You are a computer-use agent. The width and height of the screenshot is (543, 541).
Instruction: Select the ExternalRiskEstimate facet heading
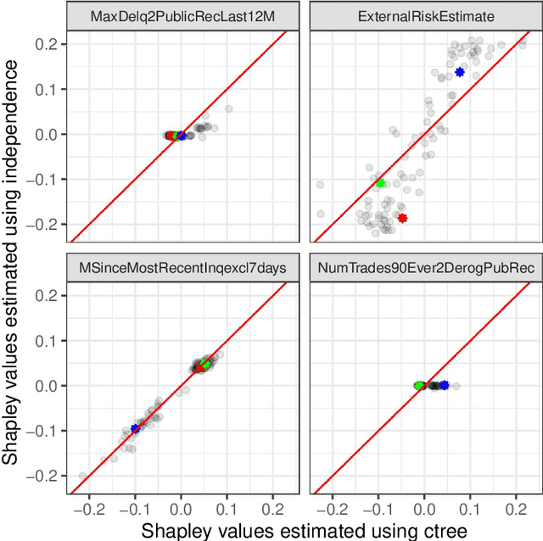pyautogui.click(x=422, y=17)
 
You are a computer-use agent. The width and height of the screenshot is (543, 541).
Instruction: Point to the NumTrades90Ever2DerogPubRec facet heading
pyautogui.click(x=422, y=268)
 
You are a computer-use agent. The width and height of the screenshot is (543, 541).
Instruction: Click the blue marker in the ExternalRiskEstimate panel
pyautogui.click(x=460, y=72)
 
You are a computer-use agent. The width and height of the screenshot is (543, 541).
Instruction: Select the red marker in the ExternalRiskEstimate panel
pyautogui.click(x=402, y=218)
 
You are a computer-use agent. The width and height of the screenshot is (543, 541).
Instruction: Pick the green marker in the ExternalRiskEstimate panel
pyautogui.click(x=380, y=183)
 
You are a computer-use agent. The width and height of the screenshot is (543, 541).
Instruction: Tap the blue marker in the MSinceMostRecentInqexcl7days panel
pyautogui.click(x=134, y=429)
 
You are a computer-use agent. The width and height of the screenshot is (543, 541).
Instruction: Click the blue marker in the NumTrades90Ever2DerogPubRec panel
pyautogui.click(x=444, y=385)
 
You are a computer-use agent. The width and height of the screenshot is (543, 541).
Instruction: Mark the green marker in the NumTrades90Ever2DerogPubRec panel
pyautogui.click(x=419, y=385)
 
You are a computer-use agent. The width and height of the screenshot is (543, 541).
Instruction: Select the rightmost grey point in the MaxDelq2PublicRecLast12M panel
pyautogui.click(x=228, y=109)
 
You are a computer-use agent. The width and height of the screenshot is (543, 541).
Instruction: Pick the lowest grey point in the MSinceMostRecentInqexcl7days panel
pyautogui.click(x=82, y=476)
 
